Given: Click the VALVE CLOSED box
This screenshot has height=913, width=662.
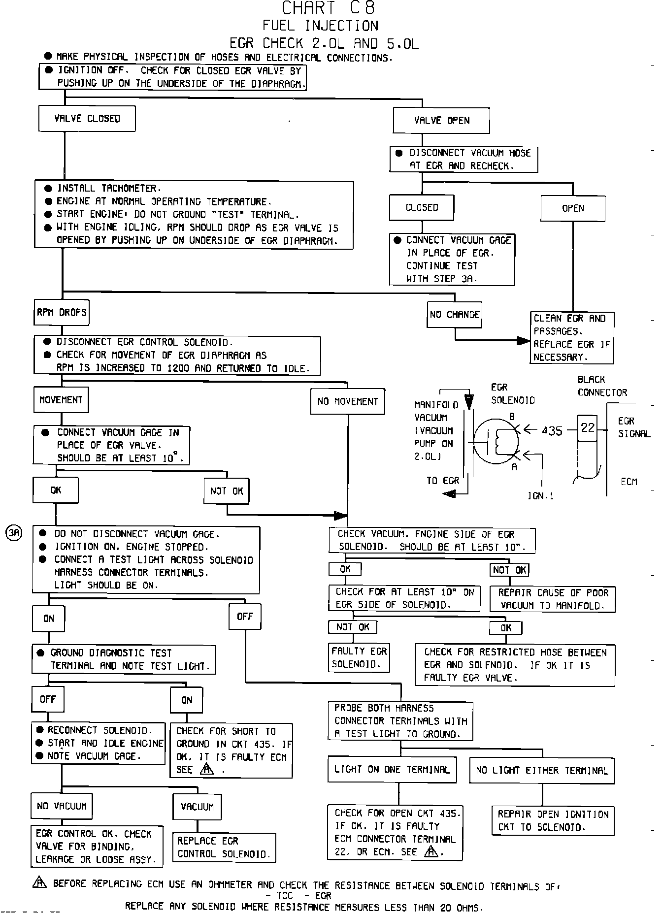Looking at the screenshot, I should (x=87, y=119).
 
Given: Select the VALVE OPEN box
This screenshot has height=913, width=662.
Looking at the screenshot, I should (x=441, y=121).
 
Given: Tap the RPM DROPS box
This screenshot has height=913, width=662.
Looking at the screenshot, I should (x=62, y=313).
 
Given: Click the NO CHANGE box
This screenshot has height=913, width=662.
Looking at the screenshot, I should (x=454, y=315).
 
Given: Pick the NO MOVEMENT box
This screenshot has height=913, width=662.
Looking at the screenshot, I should (x=348, y=401).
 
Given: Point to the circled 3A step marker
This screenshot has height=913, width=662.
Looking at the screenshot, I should (x=14, y=533).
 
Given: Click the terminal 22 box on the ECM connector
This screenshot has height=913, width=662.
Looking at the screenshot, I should (x=588, y=427).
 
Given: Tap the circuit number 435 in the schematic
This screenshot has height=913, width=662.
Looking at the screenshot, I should (x=552, y=431).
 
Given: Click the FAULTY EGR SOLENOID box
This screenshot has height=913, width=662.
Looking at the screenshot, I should (x=359, y=658).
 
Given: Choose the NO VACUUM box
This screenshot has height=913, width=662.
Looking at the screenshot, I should (x=62, y=806).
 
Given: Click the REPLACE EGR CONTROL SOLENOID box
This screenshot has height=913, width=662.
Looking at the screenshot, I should (x=224, y=848).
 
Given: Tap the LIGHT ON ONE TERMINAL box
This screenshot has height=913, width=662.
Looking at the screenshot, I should (x=392, y=770).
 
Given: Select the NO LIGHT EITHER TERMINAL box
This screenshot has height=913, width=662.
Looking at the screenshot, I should (x=542, y=771).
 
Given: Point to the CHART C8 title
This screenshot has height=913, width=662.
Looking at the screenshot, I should (x=329, y=8).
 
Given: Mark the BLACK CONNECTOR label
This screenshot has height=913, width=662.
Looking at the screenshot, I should (x=602, y=386).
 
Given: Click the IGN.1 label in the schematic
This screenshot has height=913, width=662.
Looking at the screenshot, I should (x=540, y=496).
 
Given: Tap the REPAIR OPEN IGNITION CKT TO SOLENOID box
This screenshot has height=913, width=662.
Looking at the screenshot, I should (x=553, y=821).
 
